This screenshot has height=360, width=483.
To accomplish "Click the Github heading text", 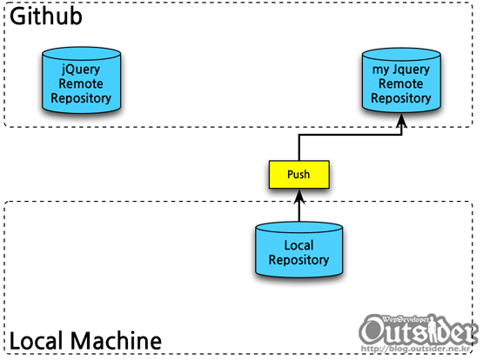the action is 46,16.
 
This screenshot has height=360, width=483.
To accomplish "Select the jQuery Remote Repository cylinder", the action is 81,80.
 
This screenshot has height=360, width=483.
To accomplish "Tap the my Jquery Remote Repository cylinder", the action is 401,80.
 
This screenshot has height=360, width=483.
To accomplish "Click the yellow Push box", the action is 299,174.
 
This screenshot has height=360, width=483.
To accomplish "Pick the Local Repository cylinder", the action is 299,250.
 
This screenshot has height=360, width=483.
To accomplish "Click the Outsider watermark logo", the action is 419,330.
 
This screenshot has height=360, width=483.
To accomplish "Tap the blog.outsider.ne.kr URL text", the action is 416,349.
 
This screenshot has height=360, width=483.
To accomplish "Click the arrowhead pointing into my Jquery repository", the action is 401,120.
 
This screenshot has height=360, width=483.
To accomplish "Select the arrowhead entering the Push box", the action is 299,197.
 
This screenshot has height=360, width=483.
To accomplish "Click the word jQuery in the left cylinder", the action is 81,70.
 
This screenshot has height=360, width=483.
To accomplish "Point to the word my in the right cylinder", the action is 380,70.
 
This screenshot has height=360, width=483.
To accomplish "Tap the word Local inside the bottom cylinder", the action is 299,245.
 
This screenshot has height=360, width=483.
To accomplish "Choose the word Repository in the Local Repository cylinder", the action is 299,260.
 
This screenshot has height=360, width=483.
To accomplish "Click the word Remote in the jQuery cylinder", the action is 81,83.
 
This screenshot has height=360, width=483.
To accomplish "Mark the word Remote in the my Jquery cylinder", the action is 400,83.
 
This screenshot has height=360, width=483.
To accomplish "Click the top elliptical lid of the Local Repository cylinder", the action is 299,228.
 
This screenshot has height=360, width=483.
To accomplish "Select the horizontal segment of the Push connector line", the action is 350,135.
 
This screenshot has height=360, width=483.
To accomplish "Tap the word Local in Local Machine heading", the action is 38,341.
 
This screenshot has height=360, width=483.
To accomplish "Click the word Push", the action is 299,175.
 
